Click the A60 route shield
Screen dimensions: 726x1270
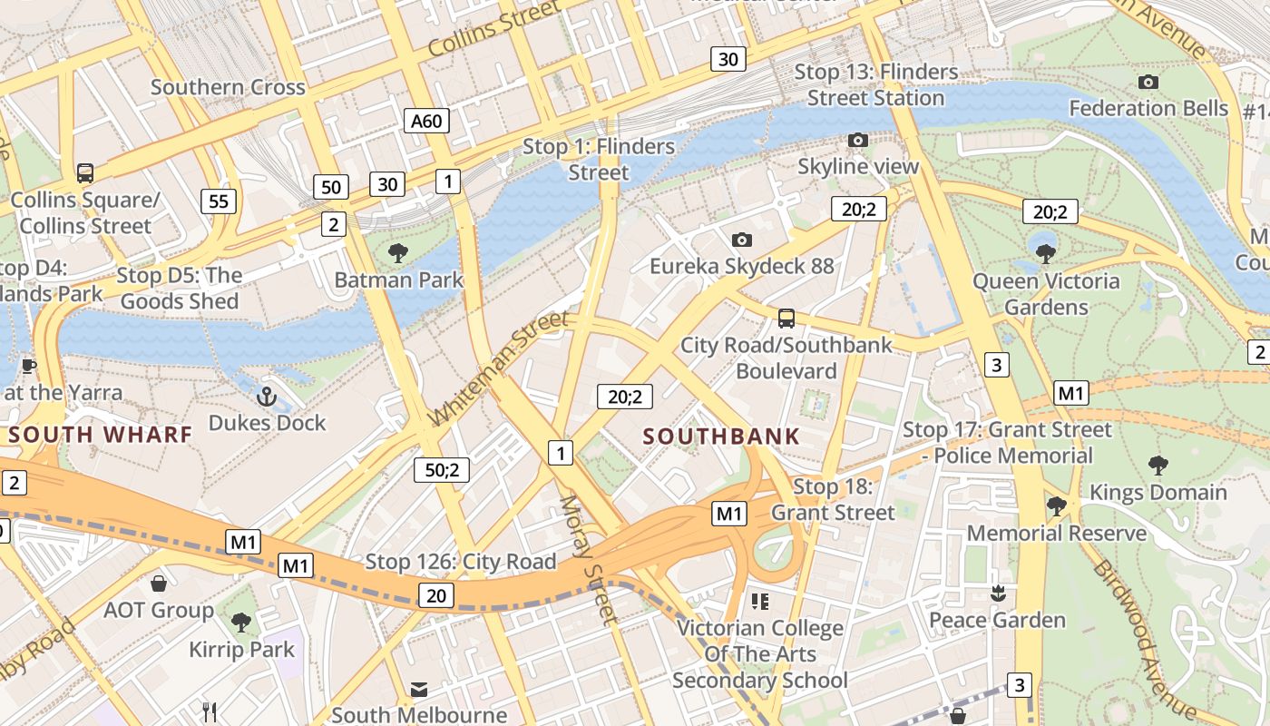(x=426, y=121)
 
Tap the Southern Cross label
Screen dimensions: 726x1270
(x=228, y=87)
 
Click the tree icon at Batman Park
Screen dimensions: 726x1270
(x=397, y=253)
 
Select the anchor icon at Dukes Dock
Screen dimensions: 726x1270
(x=266, y=397)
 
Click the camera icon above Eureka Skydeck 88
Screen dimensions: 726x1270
(x=742, y=240)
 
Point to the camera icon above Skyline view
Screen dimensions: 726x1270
(x=857, y=140)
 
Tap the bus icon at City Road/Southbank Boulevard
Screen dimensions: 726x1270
(x=786, y=319)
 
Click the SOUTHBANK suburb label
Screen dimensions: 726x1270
(x=721, y=436)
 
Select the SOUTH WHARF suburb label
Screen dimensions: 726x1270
(x=101, y=434)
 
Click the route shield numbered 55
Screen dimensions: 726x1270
(x=219, y=201)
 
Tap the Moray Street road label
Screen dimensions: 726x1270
(x=588, y=560)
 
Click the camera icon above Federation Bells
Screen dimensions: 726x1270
(x=1148, y=82)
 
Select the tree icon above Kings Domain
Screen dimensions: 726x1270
(x=1158, y=466)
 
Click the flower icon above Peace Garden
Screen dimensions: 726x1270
(x=998, y=594)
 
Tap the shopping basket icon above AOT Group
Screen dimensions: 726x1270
(x=159, y=584)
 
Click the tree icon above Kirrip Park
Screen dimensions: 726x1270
(x=241, y=623)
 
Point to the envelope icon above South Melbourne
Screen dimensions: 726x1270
(x=419, y=690)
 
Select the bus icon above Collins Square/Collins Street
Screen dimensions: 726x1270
(x=85, y=172)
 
